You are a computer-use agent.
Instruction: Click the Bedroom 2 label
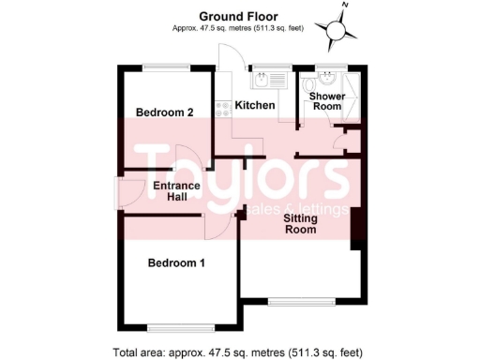tap(164, 112)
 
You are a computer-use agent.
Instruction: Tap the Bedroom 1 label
tap(176, 263)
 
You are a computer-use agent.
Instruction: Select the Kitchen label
tap(254, 105)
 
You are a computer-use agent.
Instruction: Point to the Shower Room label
tap(327, 101)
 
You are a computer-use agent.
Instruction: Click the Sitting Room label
tap(301, 224)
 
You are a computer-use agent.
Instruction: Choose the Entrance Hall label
tap(176, 191)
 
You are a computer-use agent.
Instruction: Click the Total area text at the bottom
tap(238, 352)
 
